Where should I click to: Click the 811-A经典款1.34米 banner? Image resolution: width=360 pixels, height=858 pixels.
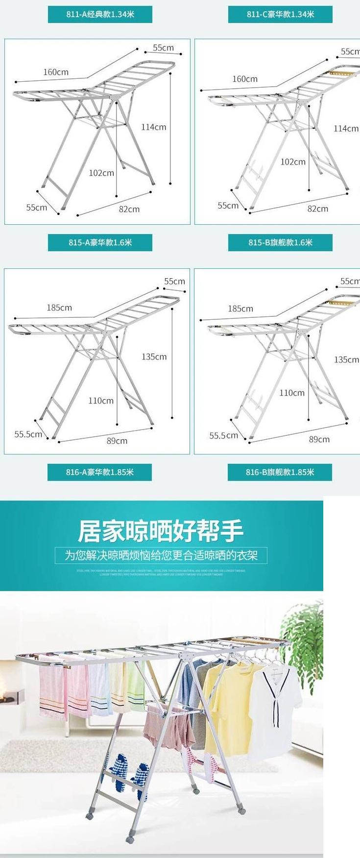pos(100,14)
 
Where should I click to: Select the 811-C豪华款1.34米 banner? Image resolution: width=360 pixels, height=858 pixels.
pos(280,14)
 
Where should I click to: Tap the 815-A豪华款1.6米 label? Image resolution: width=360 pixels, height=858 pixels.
pos(100,242)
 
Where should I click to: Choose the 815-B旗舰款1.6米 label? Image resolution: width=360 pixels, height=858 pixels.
pos(280,242)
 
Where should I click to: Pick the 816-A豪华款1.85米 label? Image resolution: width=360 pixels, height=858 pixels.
pos(99,472)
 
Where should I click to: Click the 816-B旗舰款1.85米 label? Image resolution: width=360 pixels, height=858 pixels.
pos(280,472)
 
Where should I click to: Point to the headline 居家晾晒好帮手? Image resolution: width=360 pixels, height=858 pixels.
pos(161,531)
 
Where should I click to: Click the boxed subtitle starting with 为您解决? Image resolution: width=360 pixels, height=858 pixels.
pos(161,555)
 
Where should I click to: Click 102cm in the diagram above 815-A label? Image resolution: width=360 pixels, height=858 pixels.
pos(101,173)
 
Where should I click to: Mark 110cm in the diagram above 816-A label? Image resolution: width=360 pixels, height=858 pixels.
pos(101,401)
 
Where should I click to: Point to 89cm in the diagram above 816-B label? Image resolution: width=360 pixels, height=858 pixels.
pos(319,439)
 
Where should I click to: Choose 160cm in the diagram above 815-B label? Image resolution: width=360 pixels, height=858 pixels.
pos(245,79)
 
